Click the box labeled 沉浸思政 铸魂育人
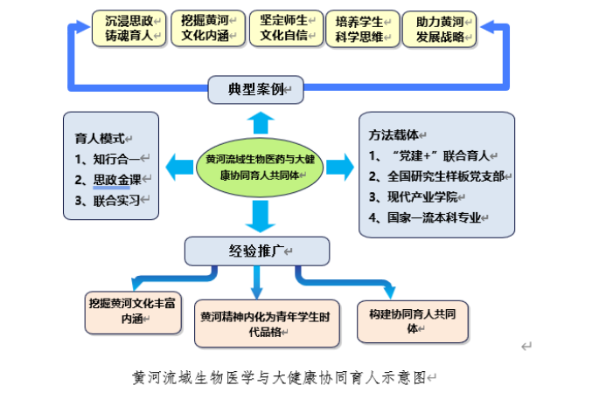129,29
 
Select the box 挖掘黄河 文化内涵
208,29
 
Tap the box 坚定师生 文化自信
286,29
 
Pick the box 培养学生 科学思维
363,29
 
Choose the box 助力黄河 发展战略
439,30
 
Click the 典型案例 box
256,90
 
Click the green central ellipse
260,168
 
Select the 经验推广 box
257,251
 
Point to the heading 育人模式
100,138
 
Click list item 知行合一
107,159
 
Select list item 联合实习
107,201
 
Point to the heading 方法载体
394,134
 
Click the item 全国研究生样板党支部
436,176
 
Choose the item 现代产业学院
413,196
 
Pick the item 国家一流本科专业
425,217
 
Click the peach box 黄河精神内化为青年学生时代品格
267,324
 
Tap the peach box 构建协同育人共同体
413,321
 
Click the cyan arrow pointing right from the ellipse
340,168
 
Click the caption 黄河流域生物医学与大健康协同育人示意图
279,377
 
